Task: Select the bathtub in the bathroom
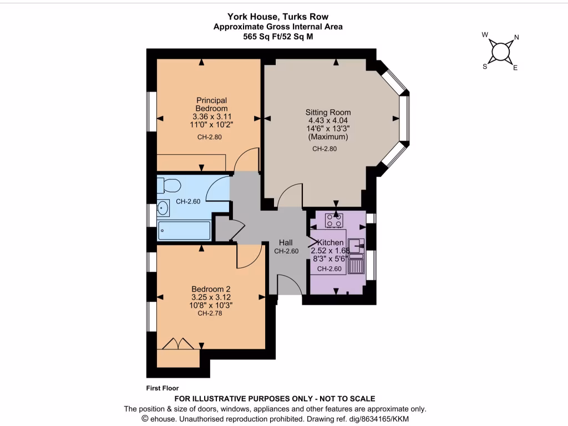click(184, 230)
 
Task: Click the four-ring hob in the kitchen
click(334, 220)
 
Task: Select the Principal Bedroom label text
click(211, 104)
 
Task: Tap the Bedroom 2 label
click(211, 289)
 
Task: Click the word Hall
click(286, 242)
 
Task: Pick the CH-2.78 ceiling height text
click(210, 313)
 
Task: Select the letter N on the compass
click(516, 38)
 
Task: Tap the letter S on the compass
click(484, 66)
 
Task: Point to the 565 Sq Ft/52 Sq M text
click(277, 37)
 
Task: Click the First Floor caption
click(163, 388)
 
